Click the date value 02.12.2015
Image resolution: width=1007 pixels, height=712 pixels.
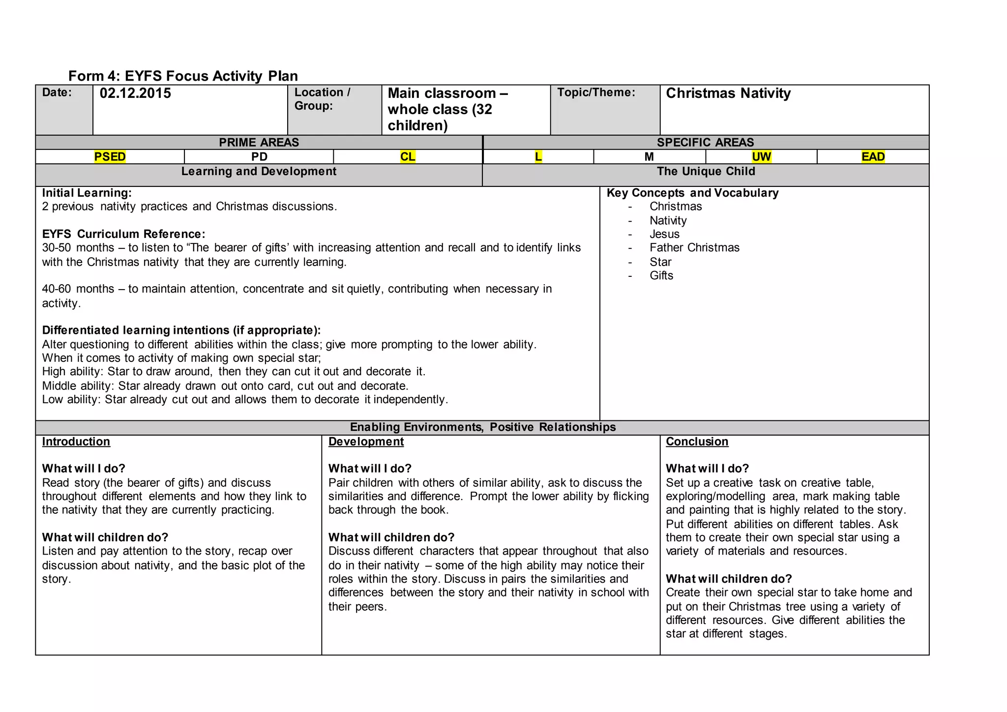pos(135,93)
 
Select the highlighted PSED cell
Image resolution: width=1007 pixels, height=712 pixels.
pos(110,157)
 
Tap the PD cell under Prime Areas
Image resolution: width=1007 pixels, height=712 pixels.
pos(259,157)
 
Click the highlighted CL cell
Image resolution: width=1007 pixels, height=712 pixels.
pos(408,157)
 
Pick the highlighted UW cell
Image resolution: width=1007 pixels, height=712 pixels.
pos(761,157)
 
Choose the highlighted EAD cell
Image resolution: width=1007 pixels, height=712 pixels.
pos(873,157)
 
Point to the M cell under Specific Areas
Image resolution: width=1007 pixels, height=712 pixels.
pos(649,157)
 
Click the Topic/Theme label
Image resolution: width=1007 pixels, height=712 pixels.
pos(596,92)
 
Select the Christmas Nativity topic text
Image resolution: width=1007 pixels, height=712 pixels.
pos(728,93)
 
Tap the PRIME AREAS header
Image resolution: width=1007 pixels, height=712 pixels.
pos(259,143)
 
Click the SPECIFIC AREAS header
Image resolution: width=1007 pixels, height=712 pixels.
pos(705,143)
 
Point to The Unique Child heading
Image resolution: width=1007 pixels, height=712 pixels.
pos(706,172)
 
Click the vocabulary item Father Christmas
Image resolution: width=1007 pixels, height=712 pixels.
pos(694,248)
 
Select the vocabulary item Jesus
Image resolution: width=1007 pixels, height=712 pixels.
pos(664,234)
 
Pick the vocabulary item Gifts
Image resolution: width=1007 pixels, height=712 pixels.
pos(661,275)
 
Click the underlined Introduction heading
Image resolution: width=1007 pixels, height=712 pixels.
pos(76,442)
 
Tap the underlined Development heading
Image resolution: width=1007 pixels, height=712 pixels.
pos(366,442)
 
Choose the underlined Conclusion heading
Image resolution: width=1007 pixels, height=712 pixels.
pos(697,442)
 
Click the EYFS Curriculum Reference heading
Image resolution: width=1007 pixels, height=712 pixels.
pos(123,234)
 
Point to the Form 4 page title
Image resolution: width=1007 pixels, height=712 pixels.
pos(183,76)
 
